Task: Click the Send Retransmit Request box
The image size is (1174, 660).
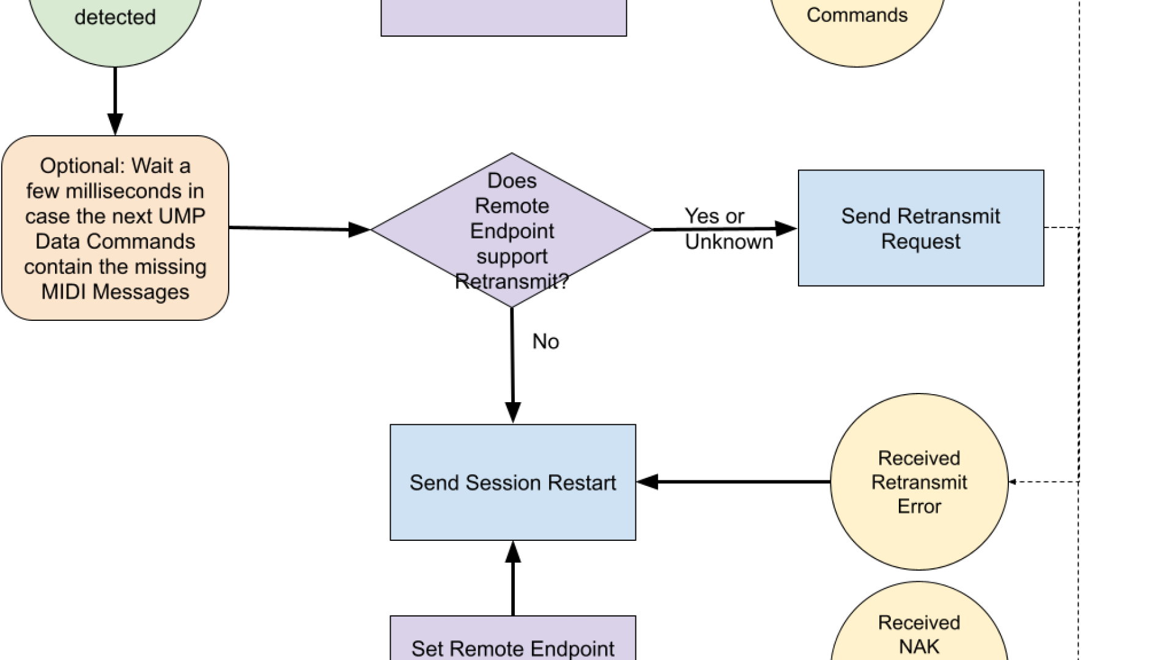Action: tap(921, 228)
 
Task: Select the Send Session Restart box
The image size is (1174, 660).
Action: tap(512, 482)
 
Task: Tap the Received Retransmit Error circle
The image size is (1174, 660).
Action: tap(919, 482)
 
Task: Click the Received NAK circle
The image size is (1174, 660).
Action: tap(919, 629)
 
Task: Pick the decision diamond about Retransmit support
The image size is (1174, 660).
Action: tap(512, 230)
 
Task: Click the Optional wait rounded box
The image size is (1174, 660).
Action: tap(115, 228)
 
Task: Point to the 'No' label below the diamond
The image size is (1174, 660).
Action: tap(545, 342)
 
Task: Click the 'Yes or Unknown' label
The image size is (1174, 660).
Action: tap(728, 229)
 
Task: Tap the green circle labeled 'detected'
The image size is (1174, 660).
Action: tap(115, 24)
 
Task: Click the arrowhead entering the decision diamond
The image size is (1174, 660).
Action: tap(361, 230)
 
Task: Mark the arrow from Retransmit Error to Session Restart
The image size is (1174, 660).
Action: tap(734, 482)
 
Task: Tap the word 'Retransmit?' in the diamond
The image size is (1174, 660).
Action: tap(512, 282)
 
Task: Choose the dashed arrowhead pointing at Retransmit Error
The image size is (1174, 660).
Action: tap(1013, 482)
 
